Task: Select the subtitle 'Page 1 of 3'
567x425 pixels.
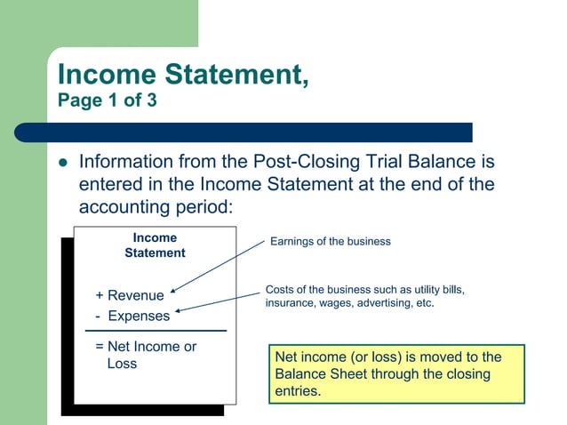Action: (107, 100)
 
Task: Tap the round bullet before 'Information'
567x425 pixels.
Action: (62, 164)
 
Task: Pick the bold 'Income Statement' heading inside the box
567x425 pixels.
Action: (155, 245)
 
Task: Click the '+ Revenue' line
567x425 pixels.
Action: (130, 295)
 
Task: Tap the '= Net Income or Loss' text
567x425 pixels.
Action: (146, 355)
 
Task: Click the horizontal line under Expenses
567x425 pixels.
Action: (156, 331)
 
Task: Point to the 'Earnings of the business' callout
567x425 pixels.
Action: (330, 242)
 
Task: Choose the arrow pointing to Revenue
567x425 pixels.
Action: (217, 265)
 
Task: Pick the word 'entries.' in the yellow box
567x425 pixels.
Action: (298, 391)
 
